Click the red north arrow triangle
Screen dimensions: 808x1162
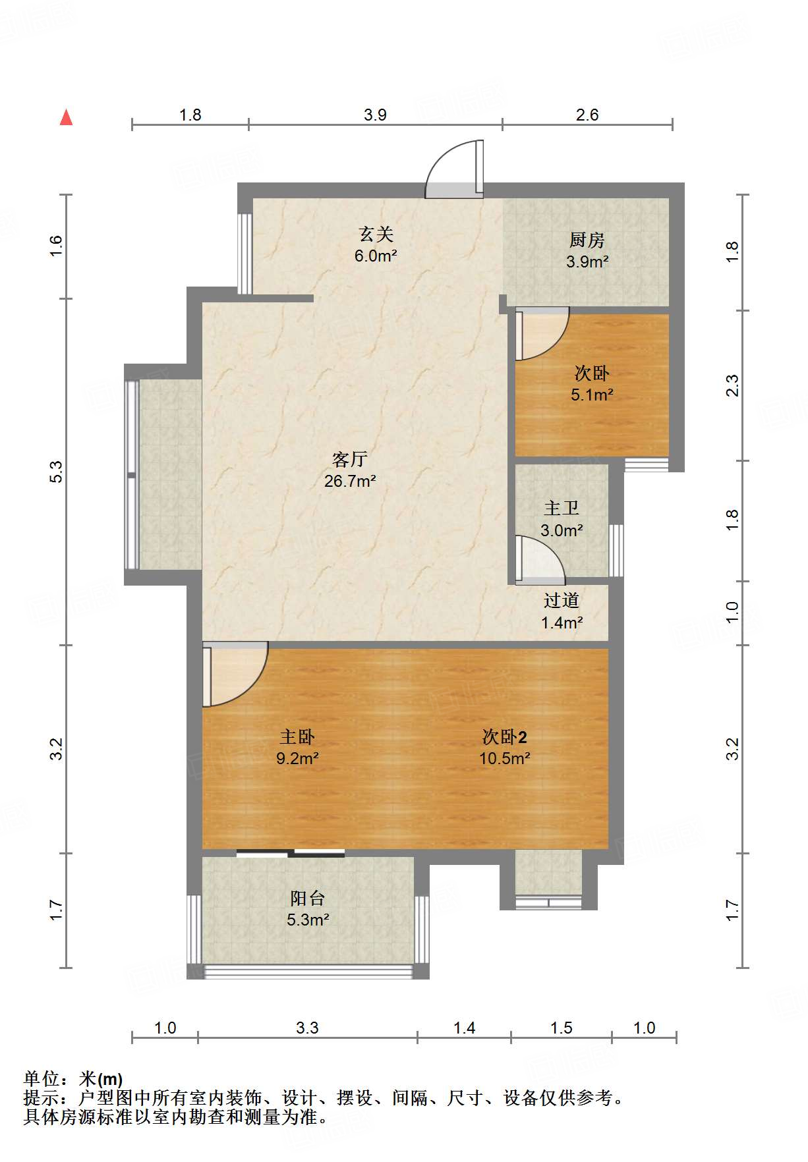click(66, 117)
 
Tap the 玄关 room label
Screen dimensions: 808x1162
click(376, 234)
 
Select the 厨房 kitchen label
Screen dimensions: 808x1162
click(587, 240)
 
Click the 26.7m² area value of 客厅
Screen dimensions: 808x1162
click(350, 481)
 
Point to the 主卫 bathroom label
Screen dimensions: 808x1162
click(562, 508)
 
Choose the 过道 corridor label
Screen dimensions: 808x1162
click(562, 600)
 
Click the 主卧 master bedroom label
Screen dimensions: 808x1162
click(297, 736)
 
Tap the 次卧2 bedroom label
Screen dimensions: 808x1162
click(505, 736)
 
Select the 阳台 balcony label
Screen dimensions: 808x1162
click(308, 898)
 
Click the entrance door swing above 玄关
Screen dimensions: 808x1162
click(455, 169)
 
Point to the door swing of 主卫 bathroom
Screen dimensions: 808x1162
click(540, 560)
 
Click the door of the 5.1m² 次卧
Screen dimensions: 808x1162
click(542, 333)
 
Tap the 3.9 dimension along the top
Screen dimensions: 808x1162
click(375, 115)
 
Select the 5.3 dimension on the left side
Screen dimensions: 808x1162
click(56, 472)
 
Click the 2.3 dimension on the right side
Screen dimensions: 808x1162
click(732, 385)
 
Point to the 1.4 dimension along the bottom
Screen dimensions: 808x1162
click(464, 1028)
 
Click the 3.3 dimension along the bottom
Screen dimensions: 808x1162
click(307, 1028)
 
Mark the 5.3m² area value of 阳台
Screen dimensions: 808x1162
click(308, 920)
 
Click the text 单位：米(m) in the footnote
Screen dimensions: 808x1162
click(73, 1079)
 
